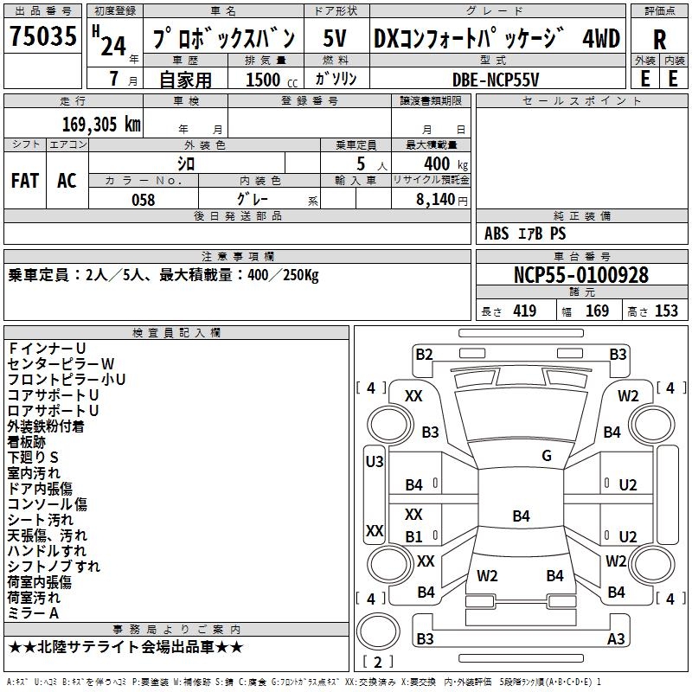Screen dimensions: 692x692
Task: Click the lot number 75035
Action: coord(42,35)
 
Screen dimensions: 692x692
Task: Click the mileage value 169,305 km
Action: coord(101,125)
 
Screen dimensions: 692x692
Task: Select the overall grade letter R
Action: coord(659,40)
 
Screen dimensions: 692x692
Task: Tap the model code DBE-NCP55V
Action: coord(496,80)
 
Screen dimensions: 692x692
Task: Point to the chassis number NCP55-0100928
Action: coord(581,275)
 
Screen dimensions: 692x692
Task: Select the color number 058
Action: coord(144,200)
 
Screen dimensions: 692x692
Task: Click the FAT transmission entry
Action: coord(25,181)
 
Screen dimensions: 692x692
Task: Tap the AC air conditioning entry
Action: coord(67,181)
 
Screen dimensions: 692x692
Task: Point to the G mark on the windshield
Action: coord(547,456)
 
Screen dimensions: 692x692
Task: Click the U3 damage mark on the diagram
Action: coord(375,462)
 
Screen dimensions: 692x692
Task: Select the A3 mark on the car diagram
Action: coord(616,638)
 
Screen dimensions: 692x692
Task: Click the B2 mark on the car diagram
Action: coord(424,355)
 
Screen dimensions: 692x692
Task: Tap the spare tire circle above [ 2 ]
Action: coord(378,631)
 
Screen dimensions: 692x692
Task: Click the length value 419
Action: coord(525,311)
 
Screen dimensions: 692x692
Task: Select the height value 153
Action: coord(666,311)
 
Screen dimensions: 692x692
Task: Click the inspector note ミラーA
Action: coord(33,613)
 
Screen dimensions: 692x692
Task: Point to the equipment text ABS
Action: coord(497,234)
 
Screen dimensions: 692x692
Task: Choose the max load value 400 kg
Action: coord(445,163)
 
